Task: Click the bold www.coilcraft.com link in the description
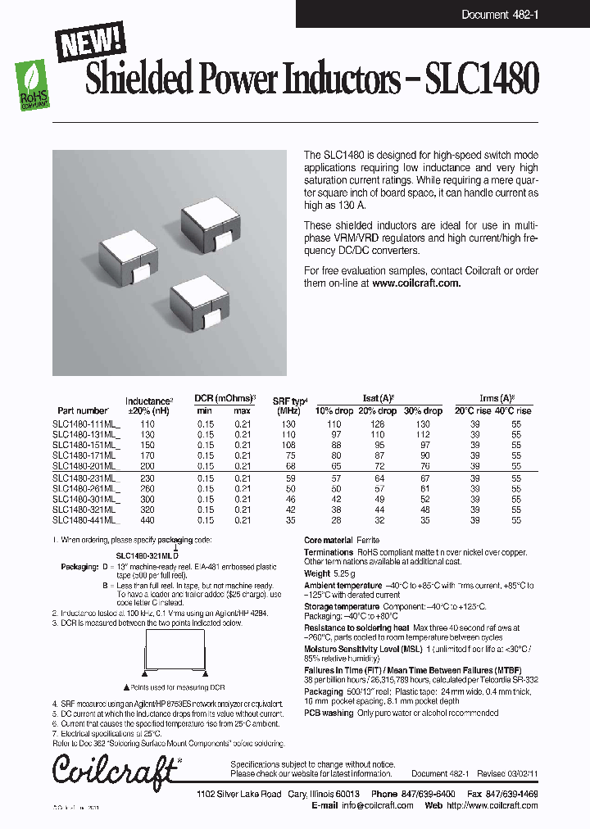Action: tap(416, 283)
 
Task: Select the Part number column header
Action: tap(82, 410)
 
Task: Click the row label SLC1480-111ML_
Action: tap(85, 424)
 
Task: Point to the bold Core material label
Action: tap(328, 541)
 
